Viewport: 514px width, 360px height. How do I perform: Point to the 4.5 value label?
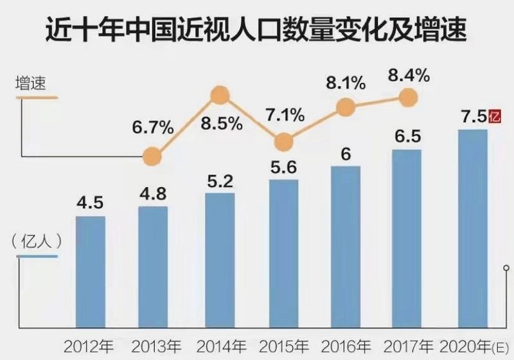tap(91, 204)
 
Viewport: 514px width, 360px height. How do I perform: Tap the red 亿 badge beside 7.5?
tap(493, 117)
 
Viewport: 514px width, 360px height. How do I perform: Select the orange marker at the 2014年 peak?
tap(220, 96)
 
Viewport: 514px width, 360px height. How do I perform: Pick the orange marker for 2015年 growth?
tap(281, 141)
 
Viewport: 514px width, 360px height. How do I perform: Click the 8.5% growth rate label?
tap(222, 123)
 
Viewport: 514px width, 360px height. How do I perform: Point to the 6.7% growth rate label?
tap(153, 127)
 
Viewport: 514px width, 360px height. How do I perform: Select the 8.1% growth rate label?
tap(346, 82)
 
